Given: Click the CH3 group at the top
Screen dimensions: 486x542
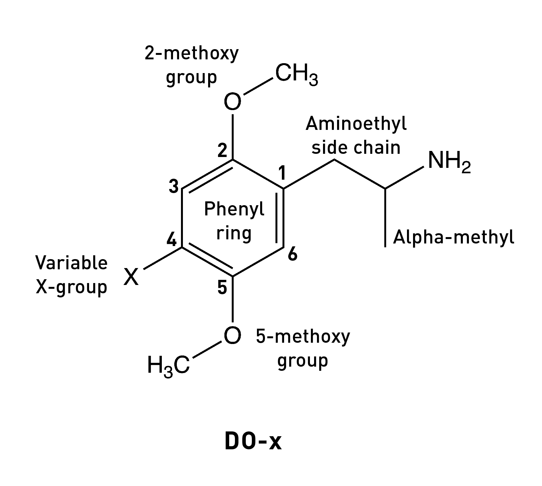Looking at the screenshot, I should point(296,74).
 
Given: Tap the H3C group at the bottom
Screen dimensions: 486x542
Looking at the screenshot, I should point(169,365).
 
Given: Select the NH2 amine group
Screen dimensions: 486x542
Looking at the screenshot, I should point(449,161).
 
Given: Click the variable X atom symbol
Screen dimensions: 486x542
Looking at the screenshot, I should point(131,276).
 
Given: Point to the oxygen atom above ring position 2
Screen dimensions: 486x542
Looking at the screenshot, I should point(232,102).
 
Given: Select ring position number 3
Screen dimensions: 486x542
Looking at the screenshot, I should point(174,186).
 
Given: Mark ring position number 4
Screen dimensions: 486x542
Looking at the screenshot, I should point(172,239).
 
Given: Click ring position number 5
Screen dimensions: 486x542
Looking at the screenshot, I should point(222,288).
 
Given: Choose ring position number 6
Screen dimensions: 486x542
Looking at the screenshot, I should point(292,255).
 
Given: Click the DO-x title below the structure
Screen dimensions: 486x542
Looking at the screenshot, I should point(253,442).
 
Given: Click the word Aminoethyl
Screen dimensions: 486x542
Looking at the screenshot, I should point(356,124).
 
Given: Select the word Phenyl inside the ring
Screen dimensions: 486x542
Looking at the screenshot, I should point(234,210).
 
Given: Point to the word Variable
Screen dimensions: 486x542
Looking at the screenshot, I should point(72,263).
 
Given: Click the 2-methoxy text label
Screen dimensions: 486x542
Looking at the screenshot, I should point(192,54).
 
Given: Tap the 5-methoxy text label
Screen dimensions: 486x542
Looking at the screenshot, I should point(303,337).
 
